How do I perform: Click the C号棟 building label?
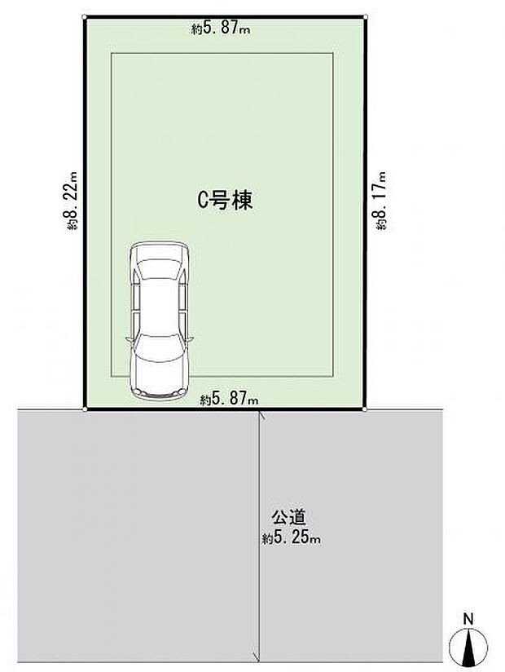click(x=226, y=201)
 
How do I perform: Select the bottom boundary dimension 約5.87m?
click(x=229, y=400)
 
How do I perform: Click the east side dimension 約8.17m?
click(x=380, y=201)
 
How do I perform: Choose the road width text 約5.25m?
click(x=292, y=537)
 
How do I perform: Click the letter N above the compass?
click(x=468, y=620)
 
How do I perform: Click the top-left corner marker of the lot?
click(x=85, y=16)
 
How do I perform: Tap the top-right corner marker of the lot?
click(x=366, y=16)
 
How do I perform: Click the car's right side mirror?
click(x=192, y=337)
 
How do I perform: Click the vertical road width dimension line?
click(x=259, y=571)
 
